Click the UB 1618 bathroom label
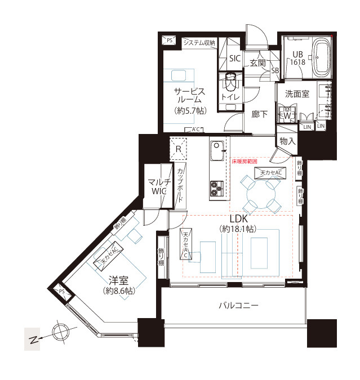[x=297, y=59]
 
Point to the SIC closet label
[x=235, y=59]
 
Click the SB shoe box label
[x=275, y=70]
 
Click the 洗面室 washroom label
[x=296, y=94]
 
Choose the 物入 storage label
[x=287, y=141]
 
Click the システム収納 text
[x=199, y=42]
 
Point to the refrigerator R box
[x=178, y=148]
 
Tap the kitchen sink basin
[x=217, y=151]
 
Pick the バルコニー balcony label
[x=238, y=306]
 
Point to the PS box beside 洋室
[x=61, y=291]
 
